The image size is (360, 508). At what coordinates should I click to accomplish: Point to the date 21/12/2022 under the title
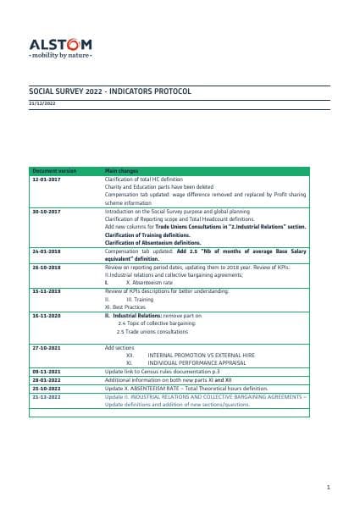tap(42, 102)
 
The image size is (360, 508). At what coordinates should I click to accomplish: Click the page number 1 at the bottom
tap(327, 488)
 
